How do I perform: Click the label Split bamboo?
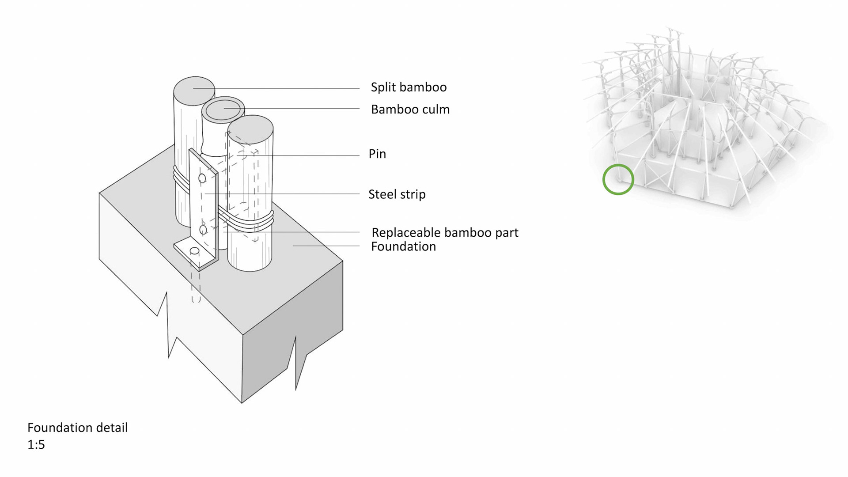(409, 87)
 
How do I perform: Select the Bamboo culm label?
(410, 110)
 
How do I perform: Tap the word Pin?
(377, 154)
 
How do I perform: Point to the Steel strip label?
(397, 194)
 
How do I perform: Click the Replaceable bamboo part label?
(445, 233)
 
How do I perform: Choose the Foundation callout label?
(403, 246)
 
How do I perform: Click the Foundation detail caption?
(77, 428)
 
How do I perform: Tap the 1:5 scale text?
(36, 444)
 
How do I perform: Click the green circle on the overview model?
(618, 179)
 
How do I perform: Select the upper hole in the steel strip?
(202, 178)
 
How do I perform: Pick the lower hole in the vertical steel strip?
(203, 230)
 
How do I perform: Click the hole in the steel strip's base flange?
(194, 251)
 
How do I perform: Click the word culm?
(435, 110)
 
